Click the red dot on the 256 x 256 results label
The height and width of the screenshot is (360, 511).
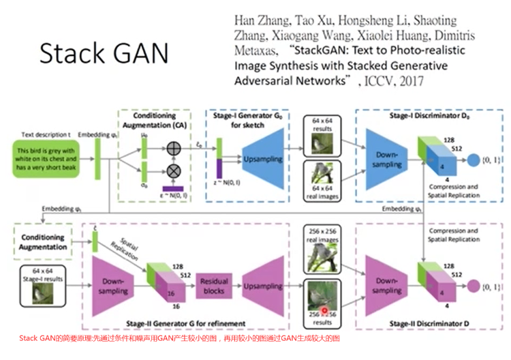pyautogui.click(x=325, y=312)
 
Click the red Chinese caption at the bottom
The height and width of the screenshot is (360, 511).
pyautogui.click(x=179, y=338)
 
